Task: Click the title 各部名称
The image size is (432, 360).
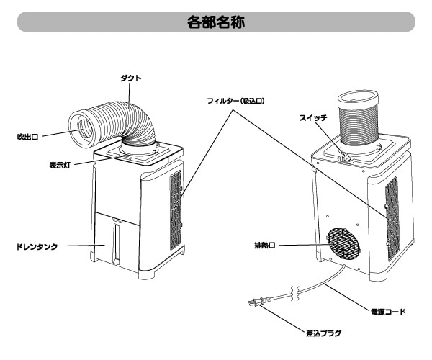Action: click(215, 22)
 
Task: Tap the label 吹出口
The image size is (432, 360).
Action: click(27, 135)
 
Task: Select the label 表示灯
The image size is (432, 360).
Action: click(59, 164)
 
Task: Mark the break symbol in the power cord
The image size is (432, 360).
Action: click(292, 292)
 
